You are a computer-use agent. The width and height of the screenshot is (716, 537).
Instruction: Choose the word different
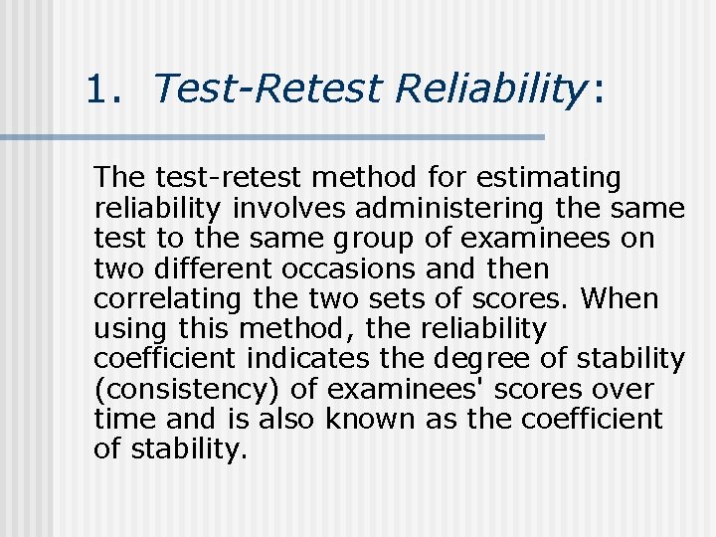coord(203,269)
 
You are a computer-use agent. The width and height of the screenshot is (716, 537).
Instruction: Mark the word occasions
coord(343,269)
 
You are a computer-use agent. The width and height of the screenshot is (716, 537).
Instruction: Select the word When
coord(621,299)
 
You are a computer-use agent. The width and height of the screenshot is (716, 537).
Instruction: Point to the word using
coord(130,329)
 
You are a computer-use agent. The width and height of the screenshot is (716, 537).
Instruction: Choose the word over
coord(621,389)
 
